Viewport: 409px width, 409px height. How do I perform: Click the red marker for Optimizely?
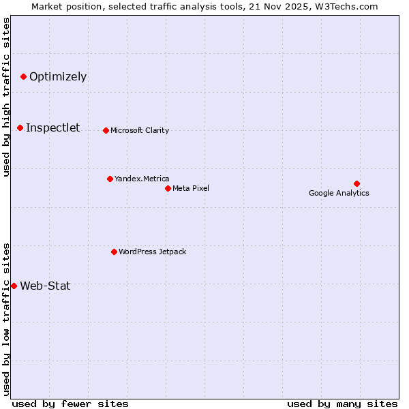(23, 76)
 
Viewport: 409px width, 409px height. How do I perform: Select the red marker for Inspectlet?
(20, 127)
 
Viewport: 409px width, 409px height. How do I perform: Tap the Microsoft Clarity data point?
(106, 130)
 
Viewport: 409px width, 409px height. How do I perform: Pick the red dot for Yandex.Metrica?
(110, 179)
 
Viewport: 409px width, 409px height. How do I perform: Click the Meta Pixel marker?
(168, 188)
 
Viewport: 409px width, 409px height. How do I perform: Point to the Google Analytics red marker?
(357, 183)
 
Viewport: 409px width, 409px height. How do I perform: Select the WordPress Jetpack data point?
(114, 252)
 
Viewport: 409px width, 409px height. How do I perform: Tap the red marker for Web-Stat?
(14, 286)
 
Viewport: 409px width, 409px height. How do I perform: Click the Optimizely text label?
(58, 76)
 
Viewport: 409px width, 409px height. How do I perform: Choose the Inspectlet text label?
(52, 127)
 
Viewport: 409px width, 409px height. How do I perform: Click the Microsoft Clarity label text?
(140, 130)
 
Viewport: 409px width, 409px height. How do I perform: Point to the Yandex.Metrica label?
(142, 179)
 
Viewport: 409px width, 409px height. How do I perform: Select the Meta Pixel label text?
(191, 188)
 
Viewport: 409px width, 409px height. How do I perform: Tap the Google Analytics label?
(339, 193)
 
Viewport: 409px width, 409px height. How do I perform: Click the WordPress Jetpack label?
(152, 252)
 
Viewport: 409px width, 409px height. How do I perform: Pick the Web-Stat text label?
(45, 286)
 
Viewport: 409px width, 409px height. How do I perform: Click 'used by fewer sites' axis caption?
(70, 404)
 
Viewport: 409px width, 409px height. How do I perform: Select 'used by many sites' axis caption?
(342, 404)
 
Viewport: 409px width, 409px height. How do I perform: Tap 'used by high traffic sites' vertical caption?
(6, 97)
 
